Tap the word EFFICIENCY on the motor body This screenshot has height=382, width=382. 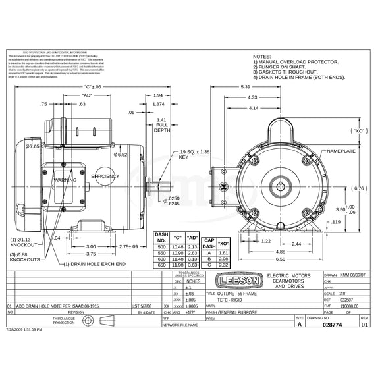[x=105, y=177]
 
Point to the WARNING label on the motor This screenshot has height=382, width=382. [x=65, y=179]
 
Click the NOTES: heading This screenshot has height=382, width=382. [x=262, y=57]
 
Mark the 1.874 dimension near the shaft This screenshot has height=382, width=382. [x=158, y=104]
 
